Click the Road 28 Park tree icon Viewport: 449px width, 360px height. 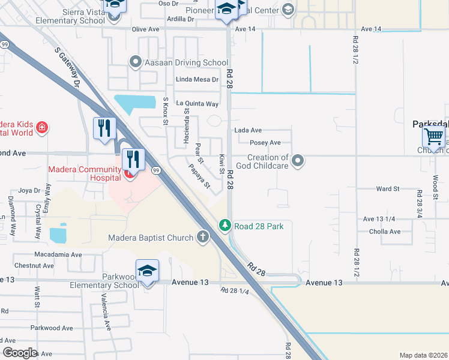coord(224,226)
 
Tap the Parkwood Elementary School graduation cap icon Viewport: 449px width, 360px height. coord(147,271)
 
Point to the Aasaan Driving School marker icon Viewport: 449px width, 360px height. coord(136,62)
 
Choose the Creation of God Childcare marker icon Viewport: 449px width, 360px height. coord(299,160)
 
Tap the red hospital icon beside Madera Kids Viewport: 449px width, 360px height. coord(41,127)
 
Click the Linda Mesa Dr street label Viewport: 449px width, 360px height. coord(197,79)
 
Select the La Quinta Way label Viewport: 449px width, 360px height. coord(197,103)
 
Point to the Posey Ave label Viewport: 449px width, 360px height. coord(266,143)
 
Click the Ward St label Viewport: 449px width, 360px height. coord(387,189)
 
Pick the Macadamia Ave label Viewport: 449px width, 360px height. coord(58,254)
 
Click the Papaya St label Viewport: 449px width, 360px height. coord(199,176)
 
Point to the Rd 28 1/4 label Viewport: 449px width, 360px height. coord(234,291)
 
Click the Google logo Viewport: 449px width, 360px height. coord(20,353)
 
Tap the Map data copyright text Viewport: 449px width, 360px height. coord(423,355)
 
